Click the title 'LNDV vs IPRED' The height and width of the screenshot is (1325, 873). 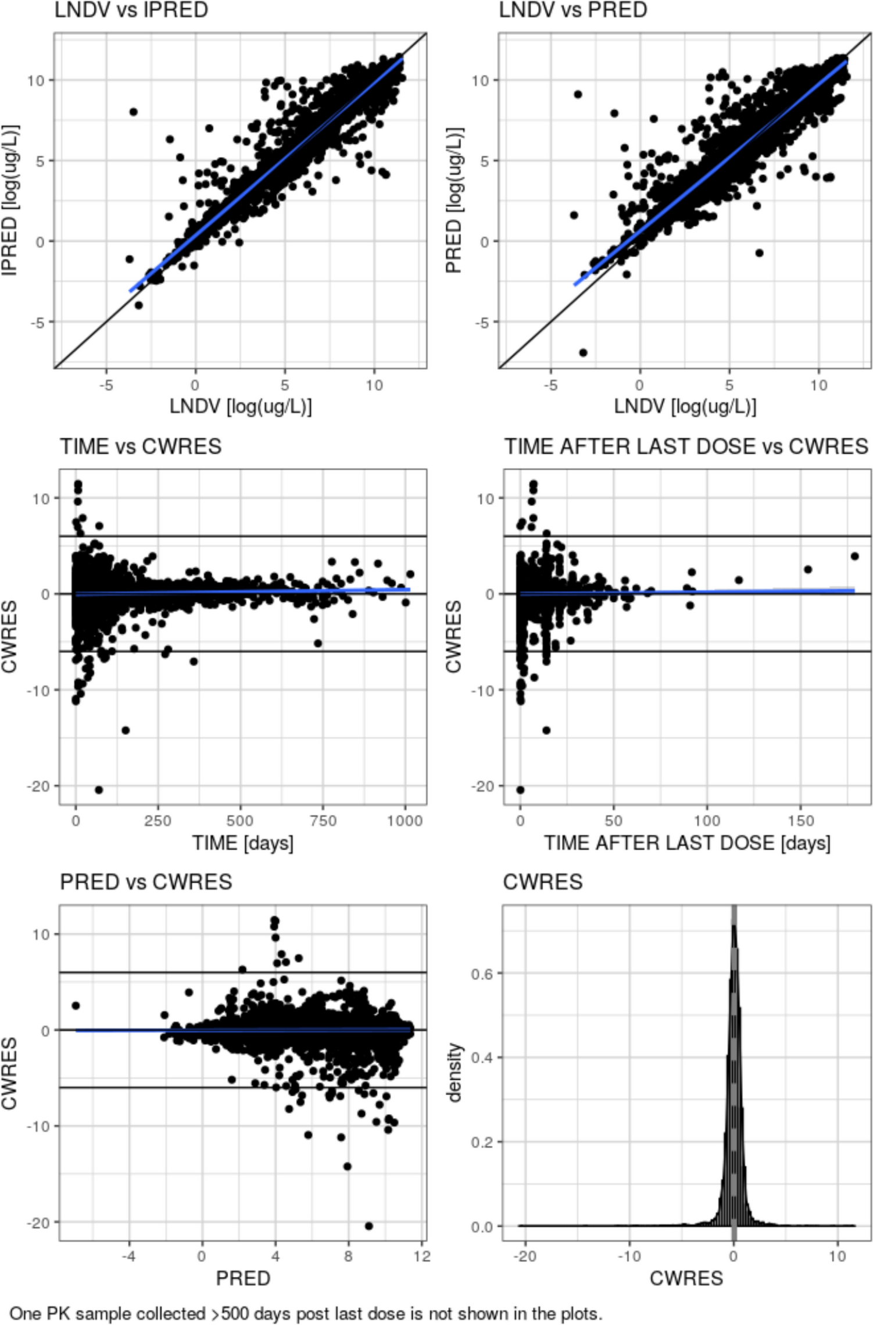coord(131,10)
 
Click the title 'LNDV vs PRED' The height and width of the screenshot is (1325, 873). coord(573,10)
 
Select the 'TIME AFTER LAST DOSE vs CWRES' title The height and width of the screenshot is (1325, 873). coord(686,447)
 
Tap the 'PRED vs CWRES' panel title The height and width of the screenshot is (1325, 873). coord(146,882)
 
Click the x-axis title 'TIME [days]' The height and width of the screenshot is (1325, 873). coord(243,843)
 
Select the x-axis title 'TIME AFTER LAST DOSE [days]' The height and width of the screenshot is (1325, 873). coord(687,843)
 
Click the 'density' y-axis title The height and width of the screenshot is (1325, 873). coord(455,1073)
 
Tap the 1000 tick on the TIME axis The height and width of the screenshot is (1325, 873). coord(405,821)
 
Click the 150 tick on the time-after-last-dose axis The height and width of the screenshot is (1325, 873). coord(800,821)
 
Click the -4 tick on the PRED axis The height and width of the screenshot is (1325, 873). coord(128,1256)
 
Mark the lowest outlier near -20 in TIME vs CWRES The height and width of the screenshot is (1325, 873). coord(99,790)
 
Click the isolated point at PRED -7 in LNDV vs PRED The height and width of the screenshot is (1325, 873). coord(583,352)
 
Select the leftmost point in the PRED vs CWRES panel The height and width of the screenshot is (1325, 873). coord(76,1005)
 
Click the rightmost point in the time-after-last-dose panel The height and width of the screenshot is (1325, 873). coord(854,556)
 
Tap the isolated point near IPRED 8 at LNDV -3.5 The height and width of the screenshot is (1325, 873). coord(133,112)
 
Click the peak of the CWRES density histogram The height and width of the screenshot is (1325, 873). coord(734,924)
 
